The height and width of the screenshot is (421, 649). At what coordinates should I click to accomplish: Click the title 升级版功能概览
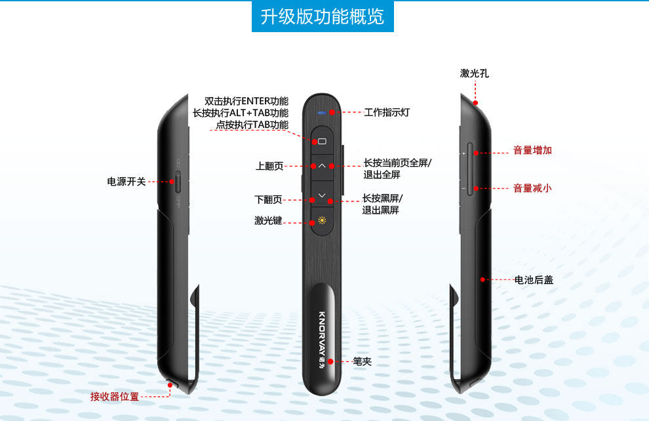click(323, 16)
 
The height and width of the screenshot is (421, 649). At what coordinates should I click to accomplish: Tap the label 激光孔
click(474, 73)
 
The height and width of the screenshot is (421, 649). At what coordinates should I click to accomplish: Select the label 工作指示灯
click(387, 113)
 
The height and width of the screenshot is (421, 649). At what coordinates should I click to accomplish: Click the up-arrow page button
click(322, 166)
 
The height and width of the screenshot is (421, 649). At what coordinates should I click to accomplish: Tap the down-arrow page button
click(322, 195)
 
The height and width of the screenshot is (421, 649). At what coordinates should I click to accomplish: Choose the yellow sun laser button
click(322, 221)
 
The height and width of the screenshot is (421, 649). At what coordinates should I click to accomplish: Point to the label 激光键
click(268, 221)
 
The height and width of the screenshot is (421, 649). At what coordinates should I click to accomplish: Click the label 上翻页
click(269, 167)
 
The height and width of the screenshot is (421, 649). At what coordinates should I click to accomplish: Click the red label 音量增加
click(532, 150)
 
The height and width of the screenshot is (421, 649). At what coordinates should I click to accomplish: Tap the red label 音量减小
click(532, 188)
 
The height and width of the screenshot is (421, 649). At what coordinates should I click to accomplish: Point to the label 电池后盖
click(534, 280)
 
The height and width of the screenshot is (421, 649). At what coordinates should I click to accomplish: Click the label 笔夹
click(362, 361)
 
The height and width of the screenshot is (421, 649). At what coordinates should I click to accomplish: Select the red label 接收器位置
click(115, 397)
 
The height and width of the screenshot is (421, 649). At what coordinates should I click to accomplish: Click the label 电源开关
click(127, 182)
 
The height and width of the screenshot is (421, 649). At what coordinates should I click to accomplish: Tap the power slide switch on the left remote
click(178, 182)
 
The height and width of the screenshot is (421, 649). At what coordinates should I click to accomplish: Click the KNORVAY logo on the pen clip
click(323, 334)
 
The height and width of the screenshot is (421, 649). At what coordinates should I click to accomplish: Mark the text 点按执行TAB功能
click(252, 125)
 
